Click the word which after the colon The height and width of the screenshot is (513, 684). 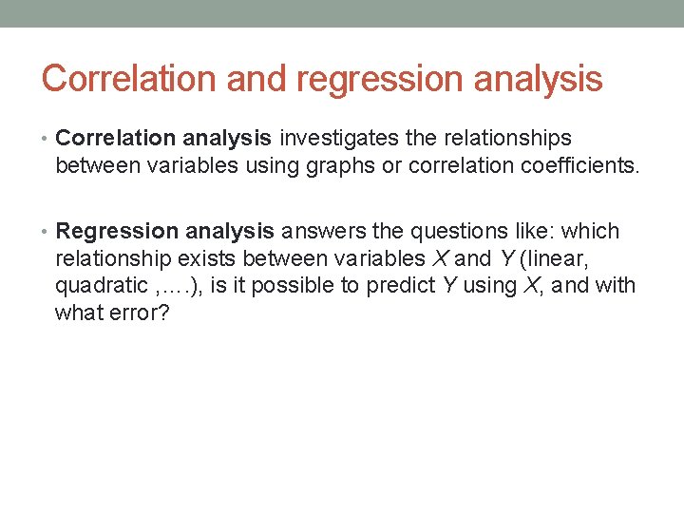pos(591,232)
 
